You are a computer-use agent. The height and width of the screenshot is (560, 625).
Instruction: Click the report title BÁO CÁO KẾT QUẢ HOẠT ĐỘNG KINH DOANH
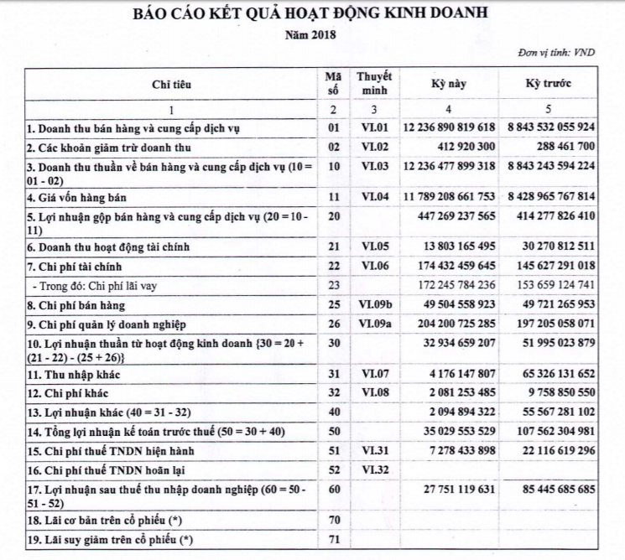click(x=312, y=14)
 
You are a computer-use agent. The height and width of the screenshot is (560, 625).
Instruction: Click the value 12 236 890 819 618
click(x=449, y=128)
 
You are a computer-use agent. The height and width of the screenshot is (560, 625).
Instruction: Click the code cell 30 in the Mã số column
click(x=333, y=341)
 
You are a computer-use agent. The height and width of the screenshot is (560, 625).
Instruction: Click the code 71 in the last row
click(x=333, y=537)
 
